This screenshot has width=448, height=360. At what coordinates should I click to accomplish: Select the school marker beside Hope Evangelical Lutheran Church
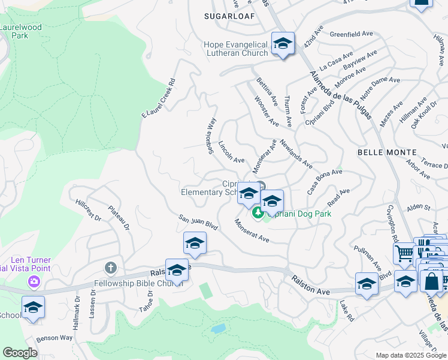click(283, 44)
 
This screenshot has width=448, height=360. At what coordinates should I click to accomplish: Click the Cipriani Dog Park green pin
click(258, 212)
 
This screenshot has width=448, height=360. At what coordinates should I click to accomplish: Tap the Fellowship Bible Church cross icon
click(110, 267)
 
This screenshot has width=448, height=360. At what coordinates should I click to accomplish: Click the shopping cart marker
click(404, 253)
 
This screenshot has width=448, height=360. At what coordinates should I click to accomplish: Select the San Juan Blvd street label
click(197, 221)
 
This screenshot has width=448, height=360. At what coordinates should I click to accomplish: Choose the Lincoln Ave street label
click(231, 152)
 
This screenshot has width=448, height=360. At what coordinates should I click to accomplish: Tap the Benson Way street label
click(54, 338)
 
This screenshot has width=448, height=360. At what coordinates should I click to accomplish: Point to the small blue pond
click(218, 329)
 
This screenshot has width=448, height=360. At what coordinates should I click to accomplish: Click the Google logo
click(20, 353)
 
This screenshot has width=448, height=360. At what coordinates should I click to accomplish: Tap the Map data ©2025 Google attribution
click(410, 355)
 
